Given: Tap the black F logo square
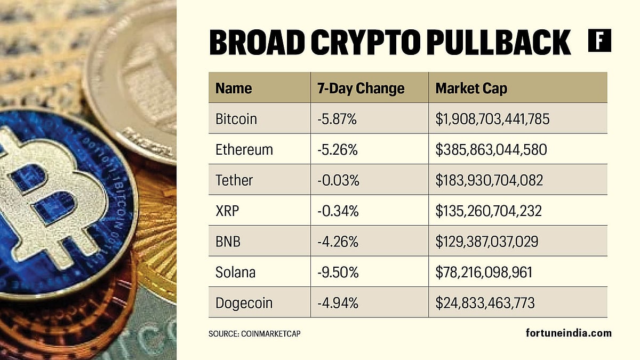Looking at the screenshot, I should click(599, 41).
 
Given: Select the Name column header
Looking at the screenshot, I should click(234, 88).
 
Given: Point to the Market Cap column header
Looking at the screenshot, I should click(471, 88).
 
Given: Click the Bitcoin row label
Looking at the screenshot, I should click(236, 119).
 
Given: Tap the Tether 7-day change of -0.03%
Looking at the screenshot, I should click(338, 180).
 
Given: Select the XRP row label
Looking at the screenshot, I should click(228, 211).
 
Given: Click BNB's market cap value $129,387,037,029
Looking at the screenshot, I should click(486, 242).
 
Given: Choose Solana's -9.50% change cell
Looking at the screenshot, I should click(338, 273).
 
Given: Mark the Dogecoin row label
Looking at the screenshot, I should click(244, 303).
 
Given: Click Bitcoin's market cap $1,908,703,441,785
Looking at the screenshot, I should click(492, 119).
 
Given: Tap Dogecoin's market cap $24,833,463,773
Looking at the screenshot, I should click(485, 303).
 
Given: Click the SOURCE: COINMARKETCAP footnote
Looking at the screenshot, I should click(258, 333).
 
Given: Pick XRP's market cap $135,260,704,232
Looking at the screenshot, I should click(489, 211).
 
